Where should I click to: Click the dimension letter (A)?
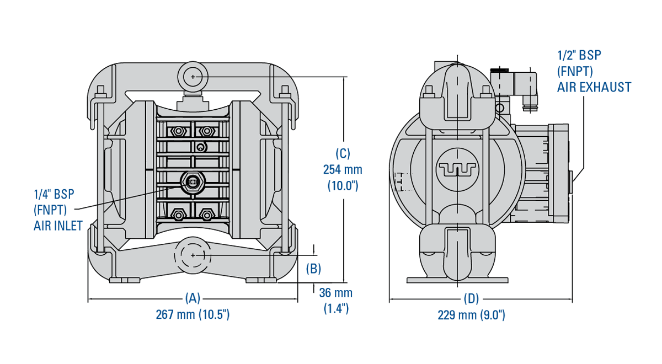[x=193, y=298]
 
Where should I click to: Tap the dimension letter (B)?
[x=313, y=269]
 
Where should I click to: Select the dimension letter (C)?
[x=343, y=153]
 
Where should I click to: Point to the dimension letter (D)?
[x=471, y=298]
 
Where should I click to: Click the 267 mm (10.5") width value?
[x=193, y=314]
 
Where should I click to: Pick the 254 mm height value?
[x=343, y=169]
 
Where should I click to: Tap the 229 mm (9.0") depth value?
[x=471, y=315]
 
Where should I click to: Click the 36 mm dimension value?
[x=335, y=293]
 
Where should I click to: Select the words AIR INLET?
[x=58, y=225]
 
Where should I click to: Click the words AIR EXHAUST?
[x=594, y=87]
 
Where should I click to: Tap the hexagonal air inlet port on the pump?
[x=193, y=183]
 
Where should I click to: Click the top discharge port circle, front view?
[x=193, y=77]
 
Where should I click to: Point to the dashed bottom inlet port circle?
[x=193, y=255]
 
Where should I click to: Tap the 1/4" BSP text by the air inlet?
[x=54, y=194]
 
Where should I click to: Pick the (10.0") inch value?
[x=343, y=185]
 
